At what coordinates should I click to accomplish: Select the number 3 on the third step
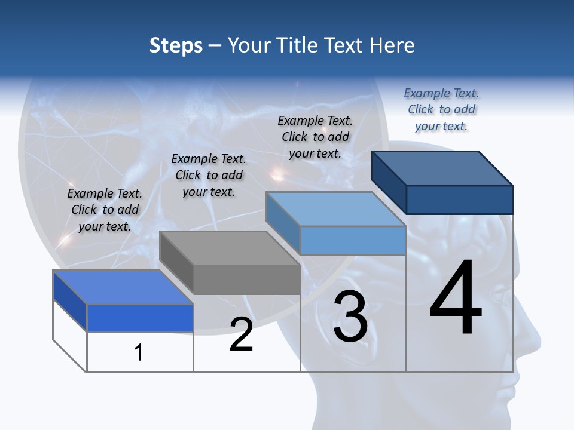pyautogui.click(x=350, y=317)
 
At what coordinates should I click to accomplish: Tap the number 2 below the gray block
pyautogui.click(x=241, y=334)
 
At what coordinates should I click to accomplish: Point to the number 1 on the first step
pyautogui.click(x=139, y=353)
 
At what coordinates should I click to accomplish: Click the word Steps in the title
pyautogui.click(x=176, y=45)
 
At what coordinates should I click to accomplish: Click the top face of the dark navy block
pyautogui.click(x=442, y=167)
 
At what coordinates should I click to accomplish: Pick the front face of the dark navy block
pyautogui.click(x=459, y=199)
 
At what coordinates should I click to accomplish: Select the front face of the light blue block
pyautogui.click(x=353, y=241)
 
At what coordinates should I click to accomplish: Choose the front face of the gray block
pyautogui.click(x=247, y=279)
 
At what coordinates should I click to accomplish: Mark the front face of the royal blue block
pyautogui.click(x=140, y=318)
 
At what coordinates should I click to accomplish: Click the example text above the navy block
pyautogui.click(x=441, y=109)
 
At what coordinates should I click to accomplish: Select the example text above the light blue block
pyautogui.click(x=315, y=137)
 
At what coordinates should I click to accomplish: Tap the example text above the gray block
pyautogui.click(x=209, y=175)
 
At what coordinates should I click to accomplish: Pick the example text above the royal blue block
pyautogui.click(x=105, y=210)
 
